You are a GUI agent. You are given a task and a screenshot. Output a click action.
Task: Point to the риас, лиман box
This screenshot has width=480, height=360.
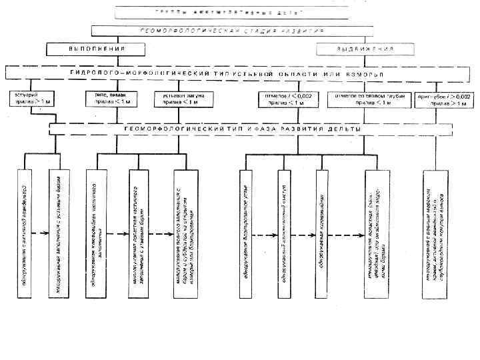[107, 99]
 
